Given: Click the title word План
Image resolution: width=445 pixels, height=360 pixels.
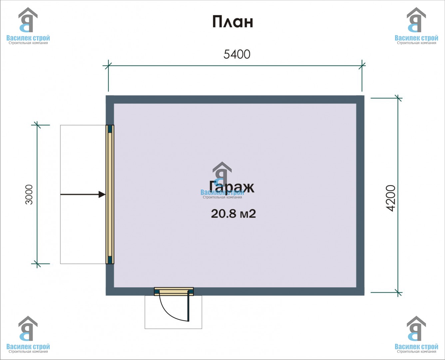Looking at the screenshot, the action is click(x=232, y=22).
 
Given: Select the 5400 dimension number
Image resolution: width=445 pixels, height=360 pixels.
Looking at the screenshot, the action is click(x=237, y=54).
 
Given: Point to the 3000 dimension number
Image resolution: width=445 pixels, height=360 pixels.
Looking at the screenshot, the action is click(x=29, y=194).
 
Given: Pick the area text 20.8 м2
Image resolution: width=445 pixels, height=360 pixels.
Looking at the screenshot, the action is click(x=233, y=214).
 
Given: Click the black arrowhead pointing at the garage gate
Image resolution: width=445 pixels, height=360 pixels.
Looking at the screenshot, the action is click(x=102, y=194).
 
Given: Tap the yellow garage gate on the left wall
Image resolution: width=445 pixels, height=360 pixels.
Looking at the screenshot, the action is click(x=110, y=194).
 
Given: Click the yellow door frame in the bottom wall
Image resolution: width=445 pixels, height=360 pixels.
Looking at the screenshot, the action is click(x=174, y=291).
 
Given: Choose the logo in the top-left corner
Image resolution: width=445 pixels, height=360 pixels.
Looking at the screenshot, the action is click(x=28, y=26).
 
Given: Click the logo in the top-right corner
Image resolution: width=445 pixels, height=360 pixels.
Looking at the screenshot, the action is click(x=416, y=26).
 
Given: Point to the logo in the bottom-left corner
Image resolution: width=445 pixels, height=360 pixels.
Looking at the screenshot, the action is click(x=28, y=334).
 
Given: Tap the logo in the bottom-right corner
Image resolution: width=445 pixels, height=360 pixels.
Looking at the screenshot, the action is click(x=416, y=334).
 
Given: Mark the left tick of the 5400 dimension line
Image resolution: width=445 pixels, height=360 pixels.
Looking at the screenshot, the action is click(x=108, y=66).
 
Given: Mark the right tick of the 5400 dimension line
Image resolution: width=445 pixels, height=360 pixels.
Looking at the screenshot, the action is click(x=362, y=66).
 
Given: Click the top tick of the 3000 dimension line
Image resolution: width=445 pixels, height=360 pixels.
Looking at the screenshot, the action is click(x=37, y=125).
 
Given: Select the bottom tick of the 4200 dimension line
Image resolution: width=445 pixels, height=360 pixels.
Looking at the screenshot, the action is click(x=398, y=292).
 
